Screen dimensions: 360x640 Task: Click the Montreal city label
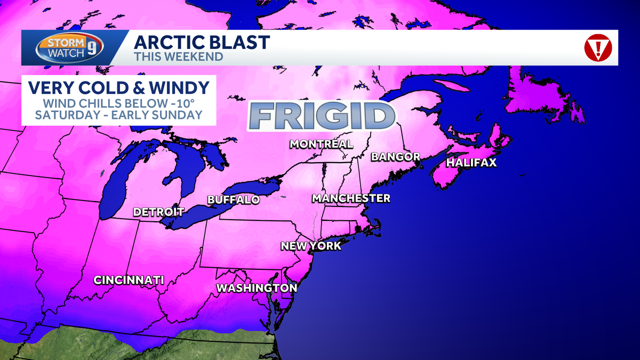pos(321,144)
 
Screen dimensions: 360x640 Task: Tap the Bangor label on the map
pos(395,157)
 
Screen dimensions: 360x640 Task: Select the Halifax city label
pos(471,163)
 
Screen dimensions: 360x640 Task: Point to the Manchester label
pos(351,198)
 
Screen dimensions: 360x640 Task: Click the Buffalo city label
pos(233,200)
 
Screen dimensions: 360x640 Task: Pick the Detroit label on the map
pos(158,212)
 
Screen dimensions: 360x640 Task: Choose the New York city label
pos(311,246)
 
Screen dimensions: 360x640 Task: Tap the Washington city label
pos(256,288)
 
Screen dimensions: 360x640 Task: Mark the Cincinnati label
pos(129,280)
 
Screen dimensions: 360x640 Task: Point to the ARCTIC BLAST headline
pos(202,42)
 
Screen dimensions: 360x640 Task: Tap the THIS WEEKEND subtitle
pos(179,56)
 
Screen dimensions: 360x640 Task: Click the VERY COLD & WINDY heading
pos(118,86)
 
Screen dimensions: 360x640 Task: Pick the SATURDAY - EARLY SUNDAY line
pos(118,114)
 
